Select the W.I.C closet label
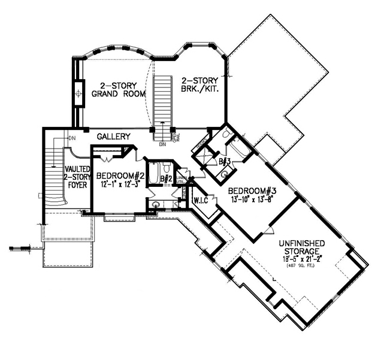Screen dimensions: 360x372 coord(199,200)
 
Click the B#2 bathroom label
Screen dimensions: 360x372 coord(168,179)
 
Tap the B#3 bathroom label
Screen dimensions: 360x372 coord(225,161)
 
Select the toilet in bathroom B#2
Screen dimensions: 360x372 coord(156,204)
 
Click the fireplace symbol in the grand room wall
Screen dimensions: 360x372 coord(78,94)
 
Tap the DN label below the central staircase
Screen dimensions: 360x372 coord(162,144)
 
